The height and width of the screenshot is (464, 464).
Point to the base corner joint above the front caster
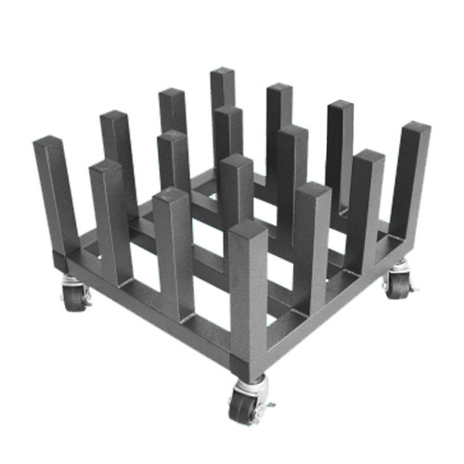coord(249,357)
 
